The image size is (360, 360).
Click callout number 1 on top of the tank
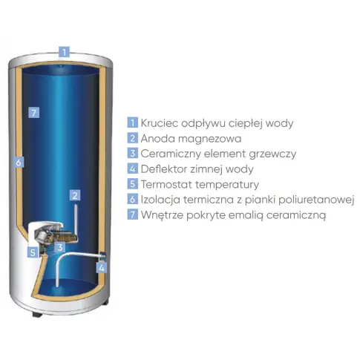pos(64,52)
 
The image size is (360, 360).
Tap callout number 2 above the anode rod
pos(75,195)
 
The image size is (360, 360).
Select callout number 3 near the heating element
pos(60,247)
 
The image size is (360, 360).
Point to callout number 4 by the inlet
pos(102,268)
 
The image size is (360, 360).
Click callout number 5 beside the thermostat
pos(33,252)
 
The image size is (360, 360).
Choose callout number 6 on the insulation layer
pos(19,163)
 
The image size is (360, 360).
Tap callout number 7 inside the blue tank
pos(34,113)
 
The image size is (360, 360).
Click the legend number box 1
pos(133,122)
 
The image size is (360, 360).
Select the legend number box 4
pos(133,168)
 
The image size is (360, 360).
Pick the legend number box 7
pos(133,215)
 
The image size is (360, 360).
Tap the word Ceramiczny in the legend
pos(171,154)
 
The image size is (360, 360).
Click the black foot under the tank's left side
pos(37,315)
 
